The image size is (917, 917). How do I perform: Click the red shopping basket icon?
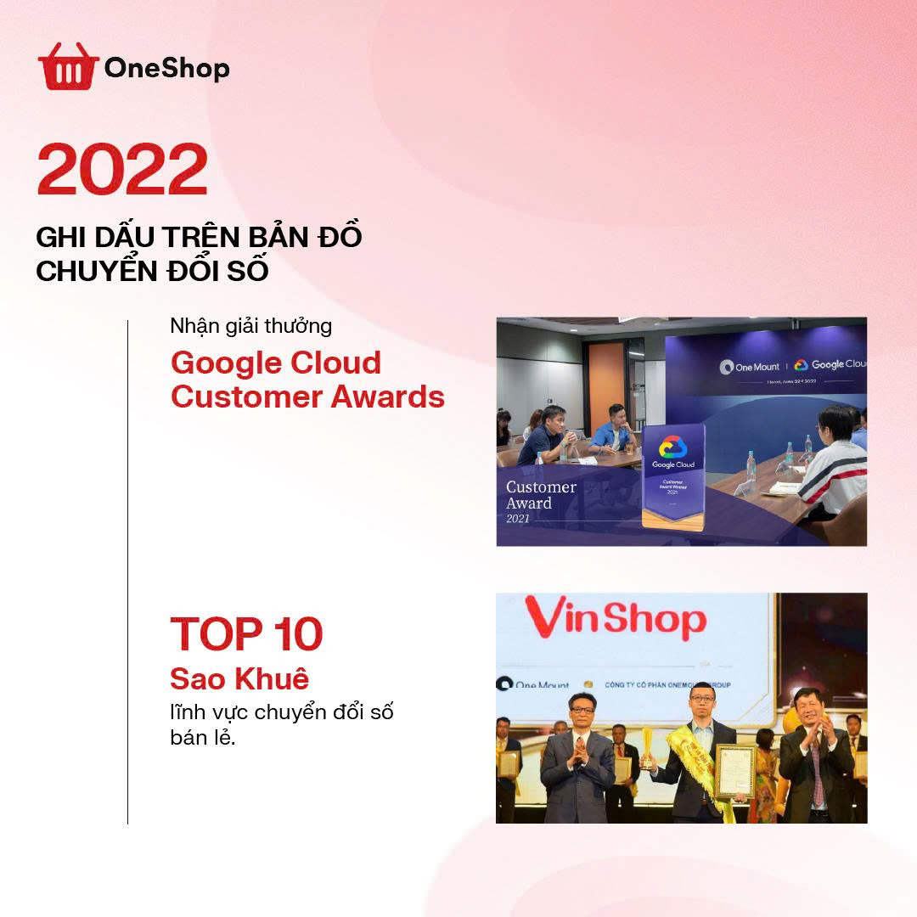(x=68, y=66)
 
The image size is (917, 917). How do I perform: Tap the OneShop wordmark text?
(x=166, y=69)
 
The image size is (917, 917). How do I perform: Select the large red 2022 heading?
(x=121, y=170)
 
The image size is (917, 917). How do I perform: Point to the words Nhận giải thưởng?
(x=250, y=326)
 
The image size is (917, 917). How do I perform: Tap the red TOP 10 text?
(x=246, y=633)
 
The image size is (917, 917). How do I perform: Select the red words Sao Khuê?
(x=239, y=679)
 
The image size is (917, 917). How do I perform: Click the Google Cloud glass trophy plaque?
(x=673, y=475)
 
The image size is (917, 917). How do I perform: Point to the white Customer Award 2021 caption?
(x=541, y=500)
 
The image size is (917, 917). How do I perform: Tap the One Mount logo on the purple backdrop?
(x=749, y=367)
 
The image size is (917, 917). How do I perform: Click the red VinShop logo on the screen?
(x=615, y=620)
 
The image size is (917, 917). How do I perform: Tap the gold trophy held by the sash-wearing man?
(x=648, y=746)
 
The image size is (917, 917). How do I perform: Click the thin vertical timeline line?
(x=127, y=571)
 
